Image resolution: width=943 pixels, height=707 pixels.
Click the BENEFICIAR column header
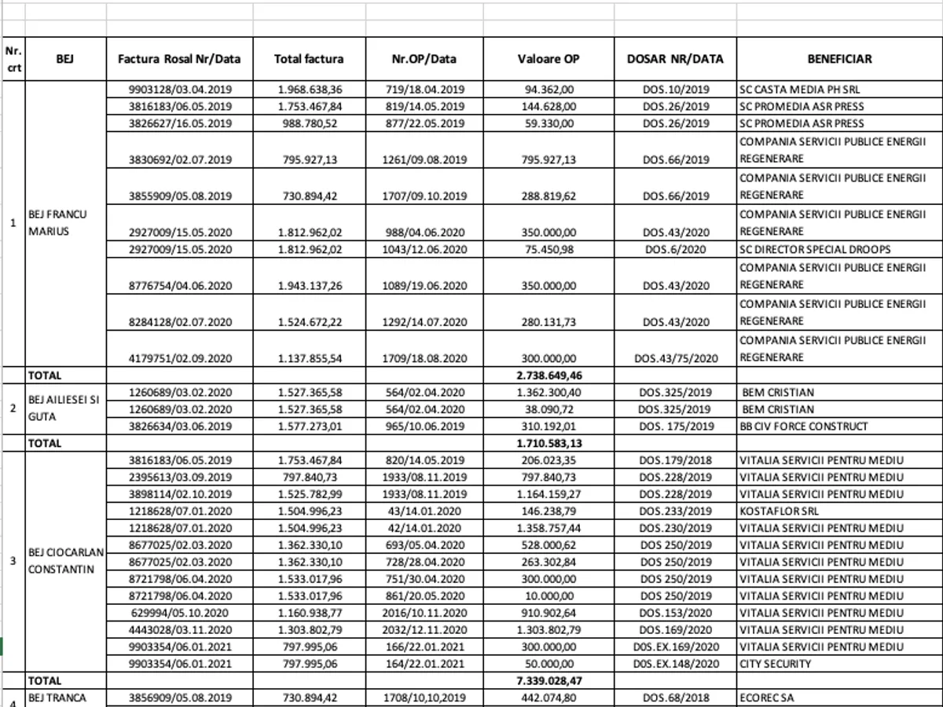pyautogui.click(x=839, y=59)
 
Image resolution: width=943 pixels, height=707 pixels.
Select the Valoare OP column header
pyautogui.click(x=549, y=59)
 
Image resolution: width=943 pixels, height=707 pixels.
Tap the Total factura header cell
pyautogui.click(x=308, y=59)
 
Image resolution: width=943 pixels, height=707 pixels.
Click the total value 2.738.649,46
pyautogui.click(x=549, y=375)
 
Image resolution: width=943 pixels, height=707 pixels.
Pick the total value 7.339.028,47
pyautogui.click(x=549, y=681)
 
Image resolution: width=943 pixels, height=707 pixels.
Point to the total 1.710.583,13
pyautogui.click(x=549, y=443)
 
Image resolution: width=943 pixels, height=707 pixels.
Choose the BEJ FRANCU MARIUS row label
pyautogui.click(x=57, y=222)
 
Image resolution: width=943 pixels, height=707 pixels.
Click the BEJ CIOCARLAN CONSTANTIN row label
pyautogui.click(x=61, y=561)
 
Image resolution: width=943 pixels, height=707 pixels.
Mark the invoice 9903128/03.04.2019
pyautogui.click(x=180, y=90)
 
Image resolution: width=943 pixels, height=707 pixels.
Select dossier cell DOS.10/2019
pyautogui.click(x=675, y=90)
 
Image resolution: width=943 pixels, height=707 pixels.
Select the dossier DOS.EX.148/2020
pyautogui.click(x=675, y=664)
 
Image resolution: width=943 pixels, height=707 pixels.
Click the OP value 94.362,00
pyautogui.click(x=550, y=90)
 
